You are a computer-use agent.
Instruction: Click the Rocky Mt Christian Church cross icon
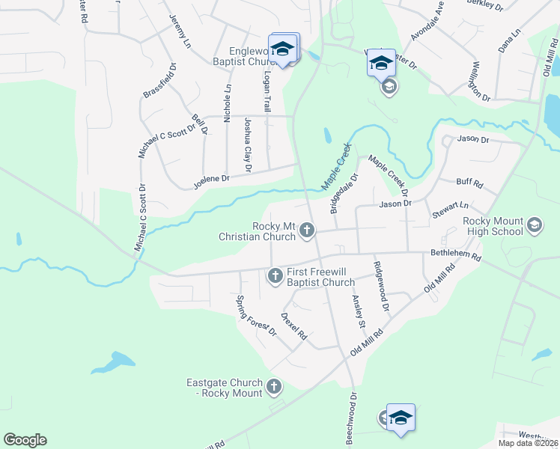pyautogui.click(x=307, y=232)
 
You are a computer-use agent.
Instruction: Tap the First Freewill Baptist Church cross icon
pyautogui.click(x=275, y=277)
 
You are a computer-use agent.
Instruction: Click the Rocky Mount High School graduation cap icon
pyautogui.click(x=535, y=225)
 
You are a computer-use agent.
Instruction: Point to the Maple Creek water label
pyautogui.click(x=336, y=166)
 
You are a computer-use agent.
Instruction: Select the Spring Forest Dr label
pyautogui.click(x=256, y=316)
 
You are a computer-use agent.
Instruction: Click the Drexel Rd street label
pyautogui.click(x=294, y=326)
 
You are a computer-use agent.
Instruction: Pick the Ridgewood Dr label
pyautogui.click(x=382, y=286)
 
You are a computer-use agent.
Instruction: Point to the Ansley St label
pyautogui.click(x=358, y=311)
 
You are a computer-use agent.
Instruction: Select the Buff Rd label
pyautogui.click(x=469, y=183)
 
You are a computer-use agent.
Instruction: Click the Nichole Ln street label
pyautogui.click(x=228, y=104)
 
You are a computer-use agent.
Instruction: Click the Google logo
pyautogui.click(x=25, y=440)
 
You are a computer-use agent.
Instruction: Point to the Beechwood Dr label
pyautogui.click(x=351, y=418)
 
